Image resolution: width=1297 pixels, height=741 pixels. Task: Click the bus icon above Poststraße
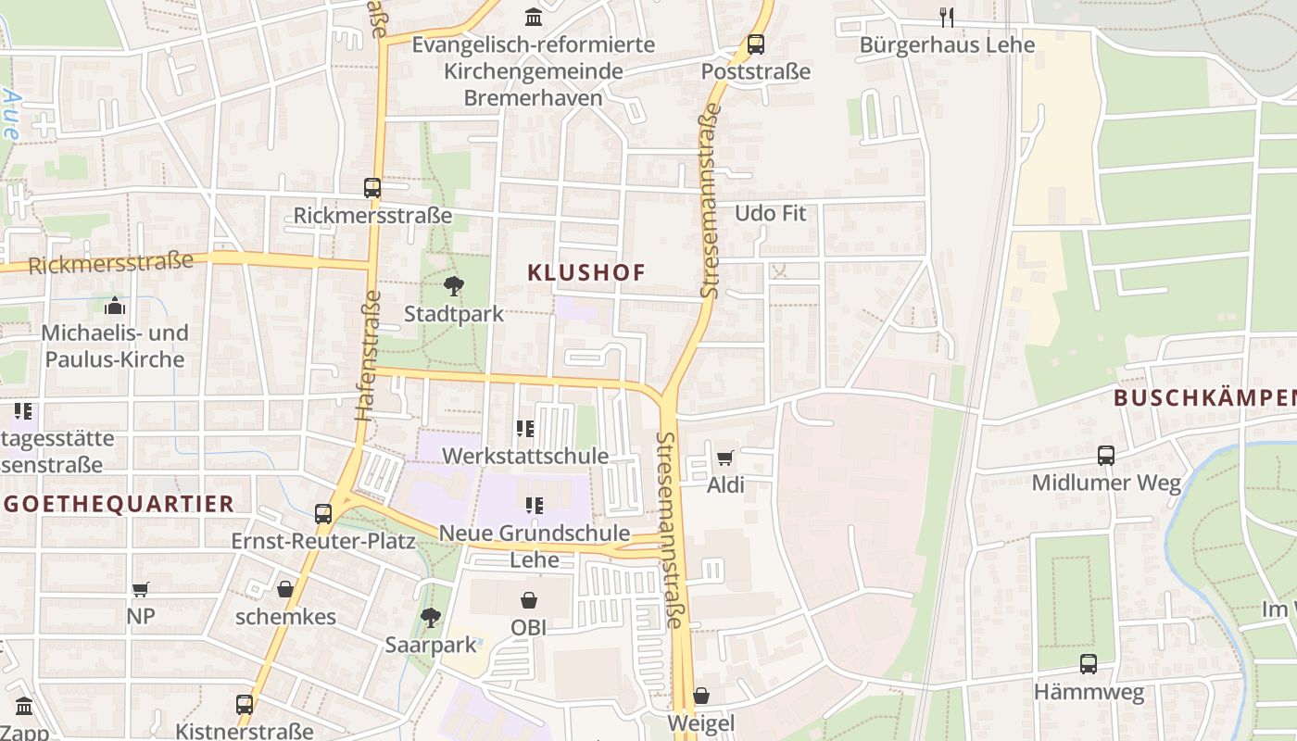pyautogui.click(x=756, y=44)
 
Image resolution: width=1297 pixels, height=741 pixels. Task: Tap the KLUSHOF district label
pyautogui.click(x=586, y=272)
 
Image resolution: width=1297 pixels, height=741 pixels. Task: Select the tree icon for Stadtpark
pyautogui.click(x=453, y=286)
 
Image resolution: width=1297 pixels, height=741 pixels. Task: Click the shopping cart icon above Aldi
pyautogui.click(x=725, y=458)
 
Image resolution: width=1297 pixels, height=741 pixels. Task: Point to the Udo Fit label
pyautogui.click(x=770, y=213)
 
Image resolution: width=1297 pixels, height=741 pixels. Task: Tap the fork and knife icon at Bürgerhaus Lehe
pyautogui.click(x=946, y=17)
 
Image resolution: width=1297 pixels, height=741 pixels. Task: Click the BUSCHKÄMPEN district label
pyautogui.click(x=1204, y=398)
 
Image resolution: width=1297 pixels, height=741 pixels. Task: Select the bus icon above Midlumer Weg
pyautogui.click(x=1106, y=455)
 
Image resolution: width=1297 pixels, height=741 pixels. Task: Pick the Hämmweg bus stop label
pyautogui.click(x=1089, y=692)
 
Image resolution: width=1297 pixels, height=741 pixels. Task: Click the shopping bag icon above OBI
pyautogui.click(x=528, y=600)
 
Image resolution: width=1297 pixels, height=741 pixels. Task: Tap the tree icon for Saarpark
pyautogui.click(x=430, y=617)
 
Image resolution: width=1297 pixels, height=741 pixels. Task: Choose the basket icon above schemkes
pyautogui.click(x=284, y=589)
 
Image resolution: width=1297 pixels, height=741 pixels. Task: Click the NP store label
pyautogui.click(x=141, y=615)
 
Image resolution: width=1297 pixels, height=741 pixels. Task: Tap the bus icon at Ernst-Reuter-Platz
pyautogui.click(x=322, y=513)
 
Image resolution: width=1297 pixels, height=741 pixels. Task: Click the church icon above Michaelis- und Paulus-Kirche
pyautogui.click(x=115, y=305)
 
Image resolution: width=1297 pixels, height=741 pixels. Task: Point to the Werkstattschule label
pyautogui.click(x=525, y=456)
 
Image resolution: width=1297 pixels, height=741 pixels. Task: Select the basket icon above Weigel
pyautogui.click(x=701, y=695)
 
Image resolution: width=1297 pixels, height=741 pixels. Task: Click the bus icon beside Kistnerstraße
pyautogui.click(x=245, y=704)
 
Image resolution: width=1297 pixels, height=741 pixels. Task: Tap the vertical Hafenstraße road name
pyautogui.click(x=369, y=357)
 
